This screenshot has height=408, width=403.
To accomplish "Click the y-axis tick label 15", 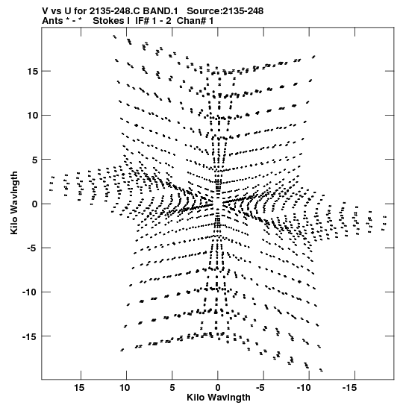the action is (32, 71).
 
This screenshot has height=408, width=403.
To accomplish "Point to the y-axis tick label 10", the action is (32, 116).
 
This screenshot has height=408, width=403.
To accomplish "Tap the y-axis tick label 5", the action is (34, 160).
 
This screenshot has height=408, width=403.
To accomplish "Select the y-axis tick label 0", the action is (35, 204).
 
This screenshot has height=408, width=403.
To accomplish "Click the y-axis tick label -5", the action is (32, 248).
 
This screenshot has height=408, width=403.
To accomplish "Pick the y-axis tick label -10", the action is (30, 292).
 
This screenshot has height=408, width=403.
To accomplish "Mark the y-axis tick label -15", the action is (30, 336).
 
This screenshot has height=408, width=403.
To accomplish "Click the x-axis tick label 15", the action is (79, 388).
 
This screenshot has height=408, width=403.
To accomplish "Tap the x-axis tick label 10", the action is (125, 388).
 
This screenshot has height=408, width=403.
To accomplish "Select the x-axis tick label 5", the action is (172, 388).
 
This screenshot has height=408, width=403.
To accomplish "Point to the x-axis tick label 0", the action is (218, 388).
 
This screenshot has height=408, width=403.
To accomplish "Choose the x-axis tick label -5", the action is (260, 388).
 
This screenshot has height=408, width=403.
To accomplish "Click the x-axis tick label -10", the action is (304, 388).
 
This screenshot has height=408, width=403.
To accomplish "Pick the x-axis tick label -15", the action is (349, 388).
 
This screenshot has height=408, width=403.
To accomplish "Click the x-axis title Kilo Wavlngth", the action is (219, 398).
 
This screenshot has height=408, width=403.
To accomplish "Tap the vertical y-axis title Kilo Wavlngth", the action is (14, 203).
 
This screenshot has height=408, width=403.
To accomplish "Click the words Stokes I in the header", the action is (111, 21).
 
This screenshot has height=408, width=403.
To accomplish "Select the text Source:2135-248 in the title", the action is (225, 11).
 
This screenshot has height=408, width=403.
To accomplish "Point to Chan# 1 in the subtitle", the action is (195, 21).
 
